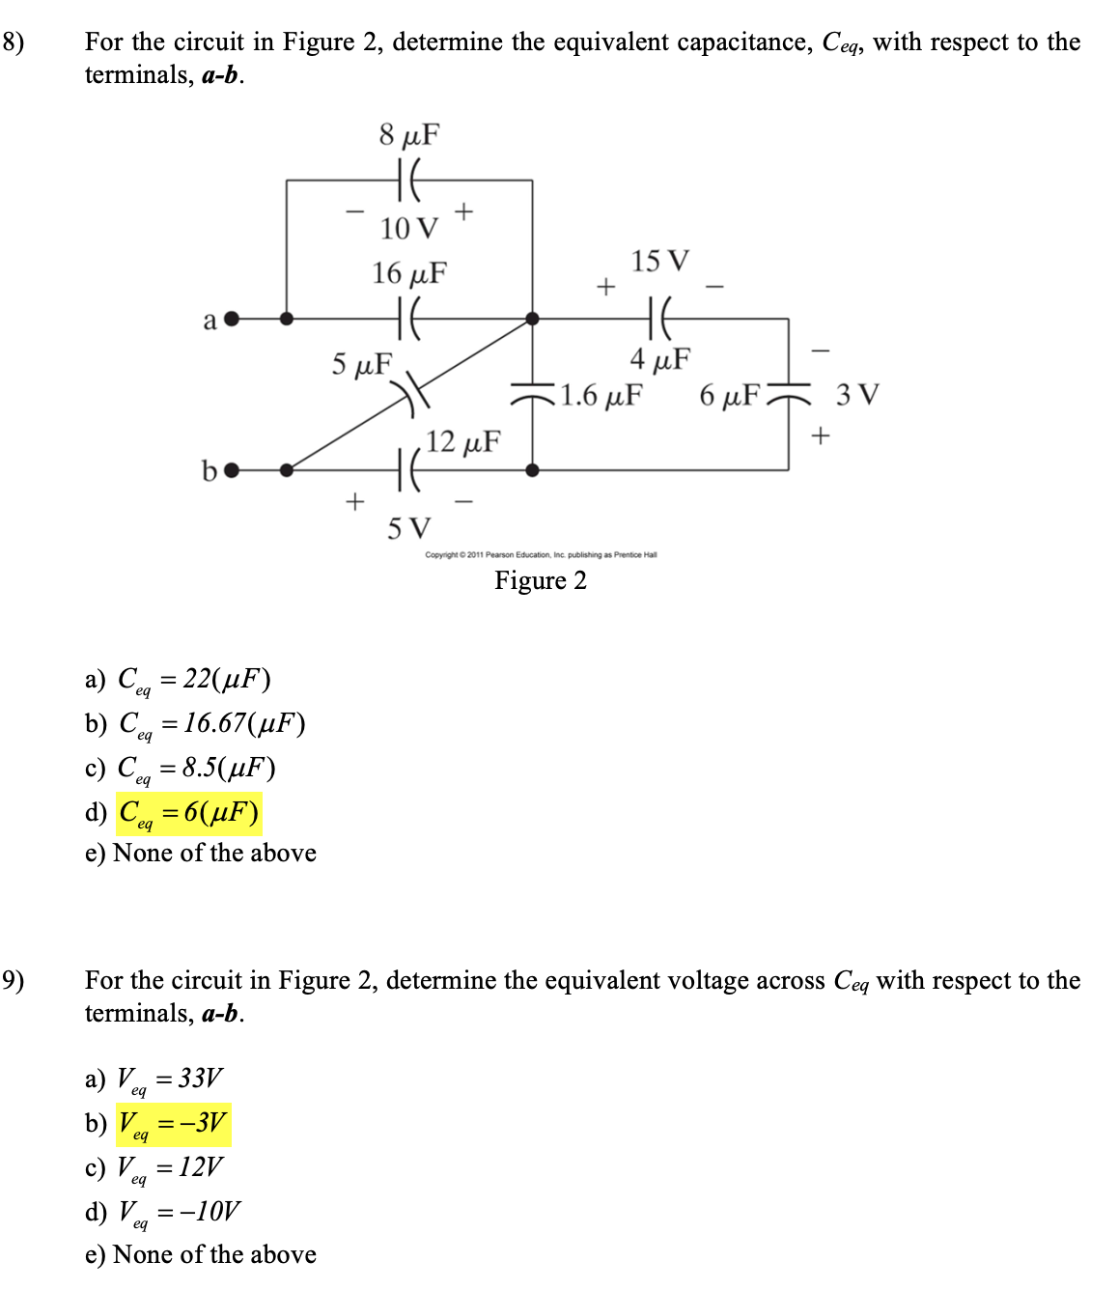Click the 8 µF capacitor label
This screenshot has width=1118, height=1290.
408,135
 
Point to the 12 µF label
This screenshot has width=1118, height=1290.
463,442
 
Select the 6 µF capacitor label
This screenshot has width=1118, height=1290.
729,396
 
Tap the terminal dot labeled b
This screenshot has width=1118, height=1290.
231,470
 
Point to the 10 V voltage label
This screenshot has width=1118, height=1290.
408,229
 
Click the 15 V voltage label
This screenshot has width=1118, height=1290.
660,262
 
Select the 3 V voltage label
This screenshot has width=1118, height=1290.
857,395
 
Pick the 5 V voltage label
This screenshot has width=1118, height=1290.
409,529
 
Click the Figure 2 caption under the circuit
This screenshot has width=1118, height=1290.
540,580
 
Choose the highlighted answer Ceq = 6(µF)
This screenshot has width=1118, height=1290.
188,813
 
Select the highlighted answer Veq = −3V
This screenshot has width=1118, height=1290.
173,1123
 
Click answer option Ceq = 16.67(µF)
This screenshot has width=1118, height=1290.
211,724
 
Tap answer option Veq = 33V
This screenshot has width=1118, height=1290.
170,1079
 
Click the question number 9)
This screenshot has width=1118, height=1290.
14,981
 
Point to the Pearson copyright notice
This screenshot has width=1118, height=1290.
541,555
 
